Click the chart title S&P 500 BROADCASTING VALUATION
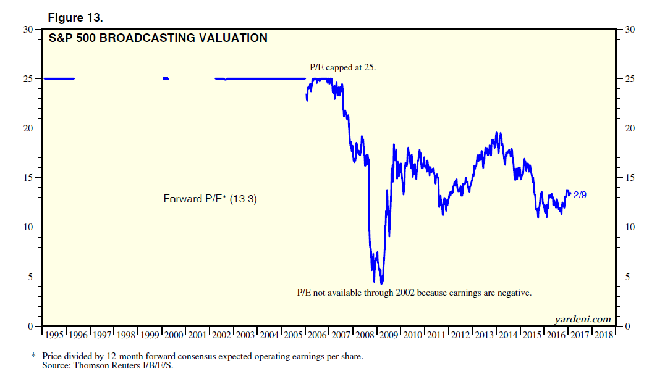(x=158, y=38)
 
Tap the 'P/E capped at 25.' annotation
(x=343, y=67)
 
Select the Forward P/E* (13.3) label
(x=210, y=199)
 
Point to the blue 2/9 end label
(x=580, y=195)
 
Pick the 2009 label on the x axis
(x=389, y=335)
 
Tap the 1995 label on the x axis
(x=54, y=335)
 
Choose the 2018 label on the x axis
(x=604, y=335)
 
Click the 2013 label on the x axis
(x=485, y=335)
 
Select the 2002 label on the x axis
(x=222, y=335)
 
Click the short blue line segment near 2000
(x=166, y=78)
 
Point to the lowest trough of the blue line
(x=382, y=283)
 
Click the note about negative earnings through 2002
(x=414, y=293)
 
